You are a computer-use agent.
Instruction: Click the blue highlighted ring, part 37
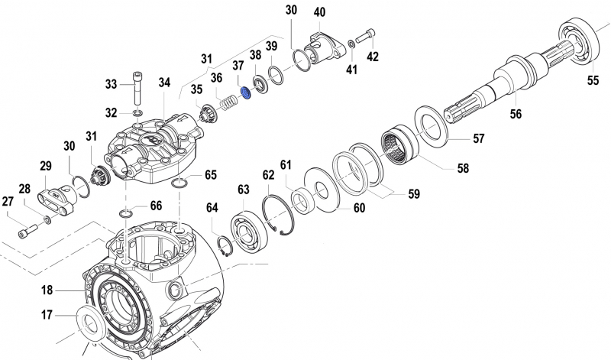coord(246,93)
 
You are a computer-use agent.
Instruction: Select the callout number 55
coord(592,79)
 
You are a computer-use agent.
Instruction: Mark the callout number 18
coord(47,290)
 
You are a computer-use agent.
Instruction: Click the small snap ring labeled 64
coord(225,246)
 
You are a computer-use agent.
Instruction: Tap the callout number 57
coord(478,139)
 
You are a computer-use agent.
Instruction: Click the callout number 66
coord(155,206)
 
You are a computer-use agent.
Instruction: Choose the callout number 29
coord(45,165)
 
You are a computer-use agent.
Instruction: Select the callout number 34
coord(165,82)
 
